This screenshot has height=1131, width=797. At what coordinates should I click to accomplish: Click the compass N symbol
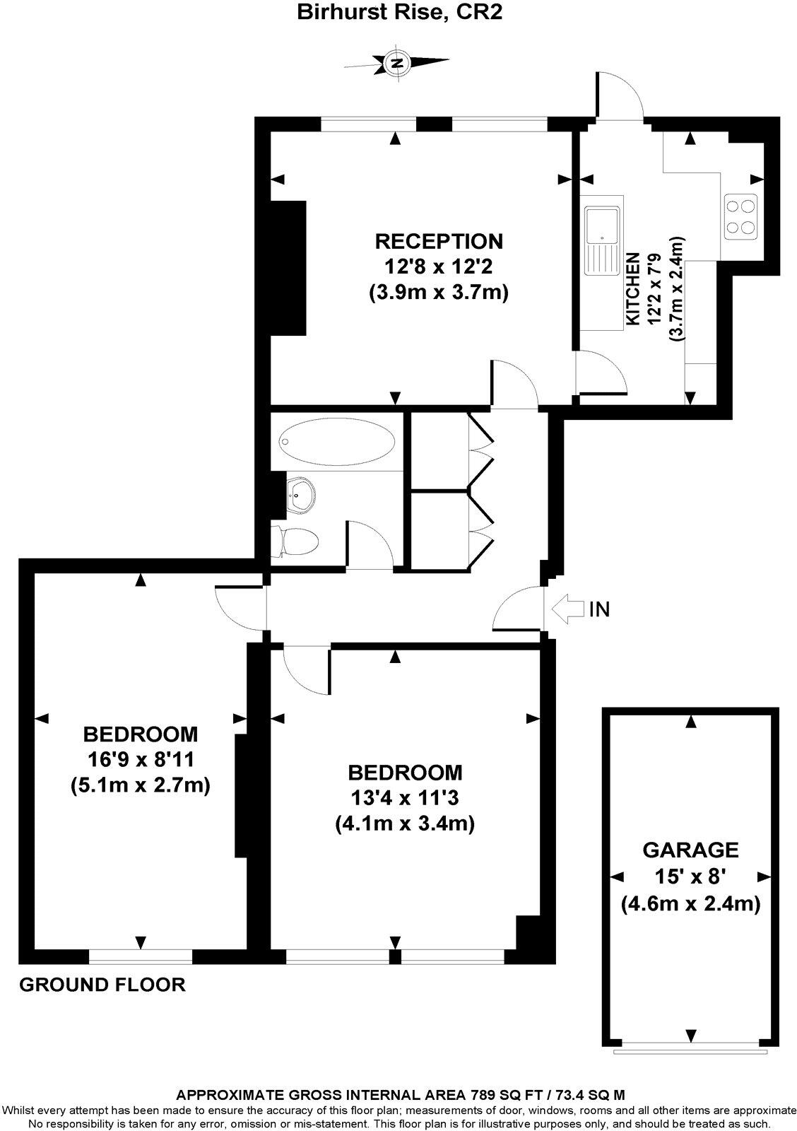coord(398,63)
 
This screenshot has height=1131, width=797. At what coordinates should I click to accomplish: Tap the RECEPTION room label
coord(438,241)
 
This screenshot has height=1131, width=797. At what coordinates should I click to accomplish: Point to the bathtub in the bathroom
coord(336,440)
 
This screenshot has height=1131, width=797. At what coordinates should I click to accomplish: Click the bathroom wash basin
coord(300,493)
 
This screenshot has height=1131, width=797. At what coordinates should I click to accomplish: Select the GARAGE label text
coord(690,849)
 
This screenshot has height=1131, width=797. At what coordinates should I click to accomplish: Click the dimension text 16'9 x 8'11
coord(141,759)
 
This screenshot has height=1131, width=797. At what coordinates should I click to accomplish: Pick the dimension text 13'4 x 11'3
coord(405,797)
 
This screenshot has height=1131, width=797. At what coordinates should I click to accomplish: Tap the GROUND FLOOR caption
coord(102,984)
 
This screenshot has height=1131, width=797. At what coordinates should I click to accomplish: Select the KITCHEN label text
coord(633,289)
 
